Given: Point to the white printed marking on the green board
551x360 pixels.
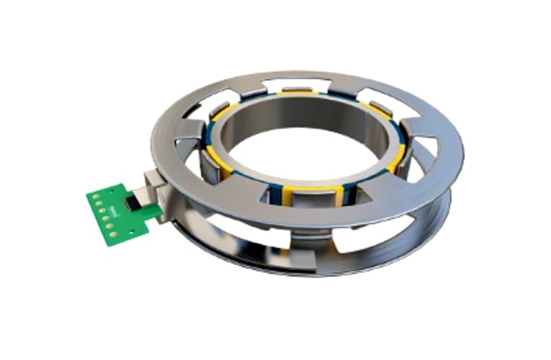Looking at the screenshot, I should coord(115,195).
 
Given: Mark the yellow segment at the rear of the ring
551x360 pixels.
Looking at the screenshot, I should coord(297,92).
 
